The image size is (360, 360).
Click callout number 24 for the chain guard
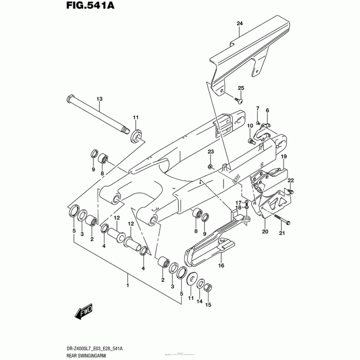click(x=239, y=23)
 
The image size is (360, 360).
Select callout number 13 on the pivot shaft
click(x=99, y=99)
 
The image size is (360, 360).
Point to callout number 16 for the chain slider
click(x=221, y=266)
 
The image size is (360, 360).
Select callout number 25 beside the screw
click(x=241, y=88)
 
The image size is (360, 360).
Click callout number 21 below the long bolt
click(x=282, y=233)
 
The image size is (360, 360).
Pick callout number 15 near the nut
click(x=208, y=305)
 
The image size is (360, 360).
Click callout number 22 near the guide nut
click(x=291, y=180)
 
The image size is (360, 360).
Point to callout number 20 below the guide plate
click(x=265, y=232)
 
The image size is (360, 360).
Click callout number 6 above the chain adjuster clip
click(x=267, y=110)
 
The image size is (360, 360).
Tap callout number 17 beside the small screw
click(x=239, y=202)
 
